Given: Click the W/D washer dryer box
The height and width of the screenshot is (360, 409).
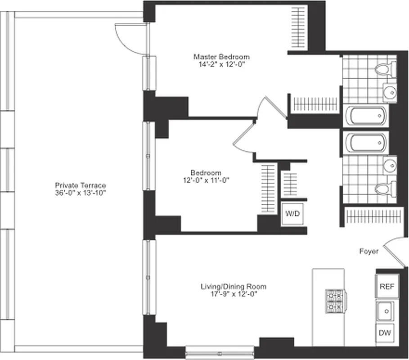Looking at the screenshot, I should (291, 214).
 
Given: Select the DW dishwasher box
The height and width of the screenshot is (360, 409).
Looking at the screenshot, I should (384, 333).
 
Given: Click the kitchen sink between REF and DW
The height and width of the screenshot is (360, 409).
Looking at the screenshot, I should (385, 310).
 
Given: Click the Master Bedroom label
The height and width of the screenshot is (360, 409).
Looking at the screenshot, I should (221, 57).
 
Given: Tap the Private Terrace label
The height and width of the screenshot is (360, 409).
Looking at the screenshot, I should (80, 185).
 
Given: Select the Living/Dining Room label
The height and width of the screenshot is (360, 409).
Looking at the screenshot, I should (233, 286).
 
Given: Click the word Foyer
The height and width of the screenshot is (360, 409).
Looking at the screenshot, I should (369, 252).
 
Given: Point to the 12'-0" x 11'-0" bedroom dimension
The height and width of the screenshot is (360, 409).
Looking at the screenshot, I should (206, 180).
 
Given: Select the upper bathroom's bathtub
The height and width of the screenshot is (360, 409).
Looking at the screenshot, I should (368, 117).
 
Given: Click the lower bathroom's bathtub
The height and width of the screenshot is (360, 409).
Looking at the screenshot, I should (368, 144).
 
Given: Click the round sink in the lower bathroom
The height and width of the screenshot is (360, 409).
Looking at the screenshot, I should (390, 165).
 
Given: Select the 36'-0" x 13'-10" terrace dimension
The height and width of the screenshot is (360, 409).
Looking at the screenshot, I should (80, 193).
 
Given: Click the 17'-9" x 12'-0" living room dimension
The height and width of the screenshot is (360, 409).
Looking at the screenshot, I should (233, 294).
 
